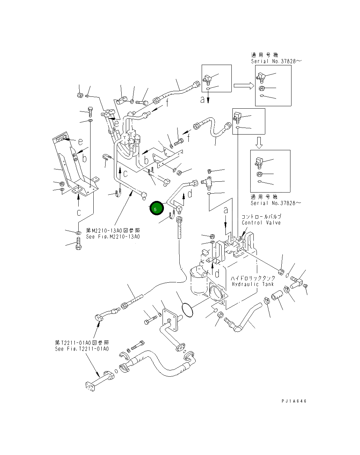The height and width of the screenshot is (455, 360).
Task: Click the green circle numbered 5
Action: click(157, 209)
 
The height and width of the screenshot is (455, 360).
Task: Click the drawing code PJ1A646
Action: click(294, 401)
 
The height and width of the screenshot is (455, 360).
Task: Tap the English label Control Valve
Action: click(261, 223)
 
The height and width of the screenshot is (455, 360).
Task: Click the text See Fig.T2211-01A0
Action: click(82, 349)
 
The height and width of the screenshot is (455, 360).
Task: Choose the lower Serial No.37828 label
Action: click(275, 203)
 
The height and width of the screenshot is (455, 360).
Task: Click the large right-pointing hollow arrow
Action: click(244, 86)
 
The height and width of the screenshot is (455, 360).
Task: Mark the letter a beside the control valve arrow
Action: click(226, 211)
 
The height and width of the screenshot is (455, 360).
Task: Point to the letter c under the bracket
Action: click(79, 212)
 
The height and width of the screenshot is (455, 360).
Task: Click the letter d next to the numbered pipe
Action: click(190, 194)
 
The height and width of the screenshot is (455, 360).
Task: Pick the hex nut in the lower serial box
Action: click(259, 174)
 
